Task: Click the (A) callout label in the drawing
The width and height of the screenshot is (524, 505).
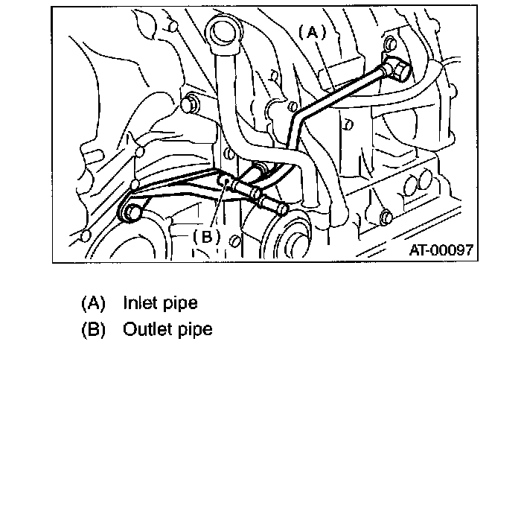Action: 313,32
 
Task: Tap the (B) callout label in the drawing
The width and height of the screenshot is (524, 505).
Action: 206,236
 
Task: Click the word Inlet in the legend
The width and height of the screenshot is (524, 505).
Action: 140,304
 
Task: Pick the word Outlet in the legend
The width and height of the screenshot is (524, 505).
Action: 147,328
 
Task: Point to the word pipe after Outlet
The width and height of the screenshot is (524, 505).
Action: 194,329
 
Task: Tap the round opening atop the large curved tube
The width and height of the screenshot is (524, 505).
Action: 224,34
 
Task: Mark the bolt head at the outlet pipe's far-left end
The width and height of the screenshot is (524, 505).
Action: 131,211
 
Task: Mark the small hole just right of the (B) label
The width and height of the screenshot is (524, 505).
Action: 234,241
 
